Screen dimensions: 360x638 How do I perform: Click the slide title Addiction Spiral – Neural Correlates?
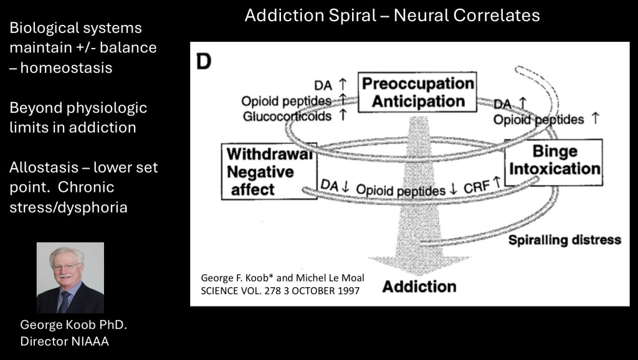(x=392, y=15)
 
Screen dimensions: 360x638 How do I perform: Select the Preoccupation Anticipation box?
(x=417, y=92)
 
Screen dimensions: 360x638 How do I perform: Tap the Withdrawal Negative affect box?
(x=269, y=171)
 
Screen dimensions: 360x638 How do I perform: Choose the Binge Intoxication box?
(x=553, y=161)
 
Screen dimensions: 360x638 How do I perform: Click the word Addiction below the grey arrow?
(x=419, y=287)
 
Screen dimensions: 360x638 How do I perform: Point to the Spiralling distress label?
(x=564, y=240)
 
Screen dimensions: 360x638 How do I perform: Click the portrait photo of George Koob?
(x=70, y=278)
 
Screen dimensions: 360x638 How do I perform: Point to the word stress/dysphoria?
(x=69, y=207)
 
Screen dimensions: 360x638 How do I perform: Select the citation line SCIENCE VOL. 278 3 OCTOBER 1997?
(x=280, y=290)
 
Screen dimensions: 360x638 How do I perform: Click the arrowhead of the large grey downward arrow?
(x=418, y=262)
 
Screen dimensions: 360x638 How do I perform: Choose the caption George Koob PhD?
(x=74, y=325)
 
